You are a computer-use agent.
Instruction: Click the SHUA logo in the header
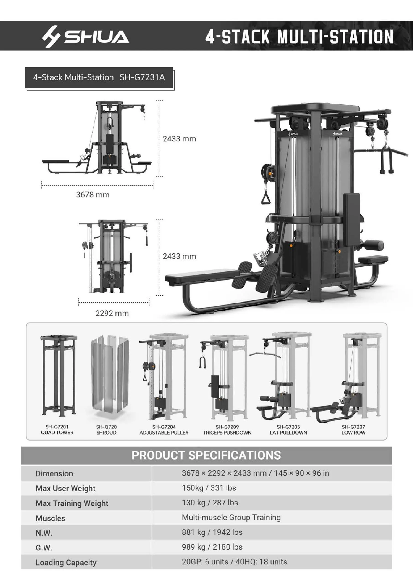point(86,36)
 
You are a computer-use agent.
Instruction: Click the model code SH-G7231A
point(142,77)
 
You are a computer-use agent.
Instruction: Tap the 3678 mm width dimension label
point(93,195)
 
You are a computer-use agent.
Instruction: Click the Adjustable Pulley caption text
point(164,432)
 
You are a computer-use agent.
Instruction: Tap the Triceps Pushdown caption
point(227,432)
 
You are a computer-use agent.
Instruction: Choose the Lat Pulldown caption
point(288,432)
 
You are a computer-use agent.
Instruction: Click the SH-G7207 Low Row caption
point(353,430)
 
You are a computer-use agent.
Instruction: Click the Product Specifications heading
point(206,455)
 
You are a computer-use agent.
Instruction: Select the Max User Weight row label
point(65,488)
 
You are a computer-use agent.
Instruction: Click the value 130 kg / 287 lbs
point(210,503)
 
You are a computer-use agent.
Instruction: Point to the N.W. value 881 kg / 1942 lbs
point(212,532)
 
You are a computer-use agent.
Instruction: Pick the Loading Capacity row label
point(66,562)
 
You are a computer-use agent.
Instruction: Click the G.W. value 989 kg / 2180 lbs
point(212,547)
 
